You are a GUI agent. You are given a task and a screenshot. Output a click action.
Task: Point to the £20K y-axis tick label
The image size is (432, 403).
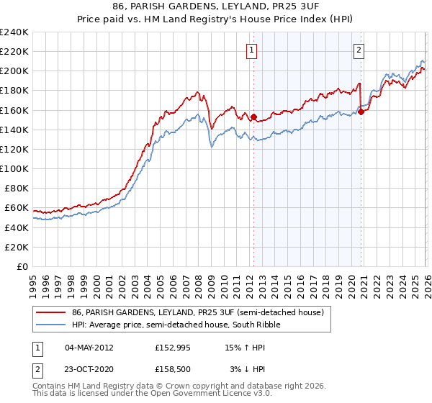(x=17, y=247)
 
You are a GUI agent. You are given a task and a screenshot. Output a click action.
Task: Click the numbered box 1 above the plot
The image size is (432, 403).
(x=252, y=50)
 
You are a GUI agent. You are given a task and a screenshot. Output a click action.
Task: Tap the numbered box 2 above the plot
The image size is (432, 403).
(x=359, y=50)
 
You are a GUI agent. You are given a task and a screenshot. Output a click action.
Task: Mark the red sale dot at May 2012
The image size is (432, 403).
(x=253, y=117)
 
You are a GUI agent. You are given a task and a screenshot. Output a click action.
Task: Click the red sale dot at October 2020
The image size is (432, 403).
(x=361, y=111)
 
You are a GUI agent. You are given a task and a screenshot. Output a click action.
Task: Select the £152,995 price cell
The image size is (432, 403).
(x=173, y=347)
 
